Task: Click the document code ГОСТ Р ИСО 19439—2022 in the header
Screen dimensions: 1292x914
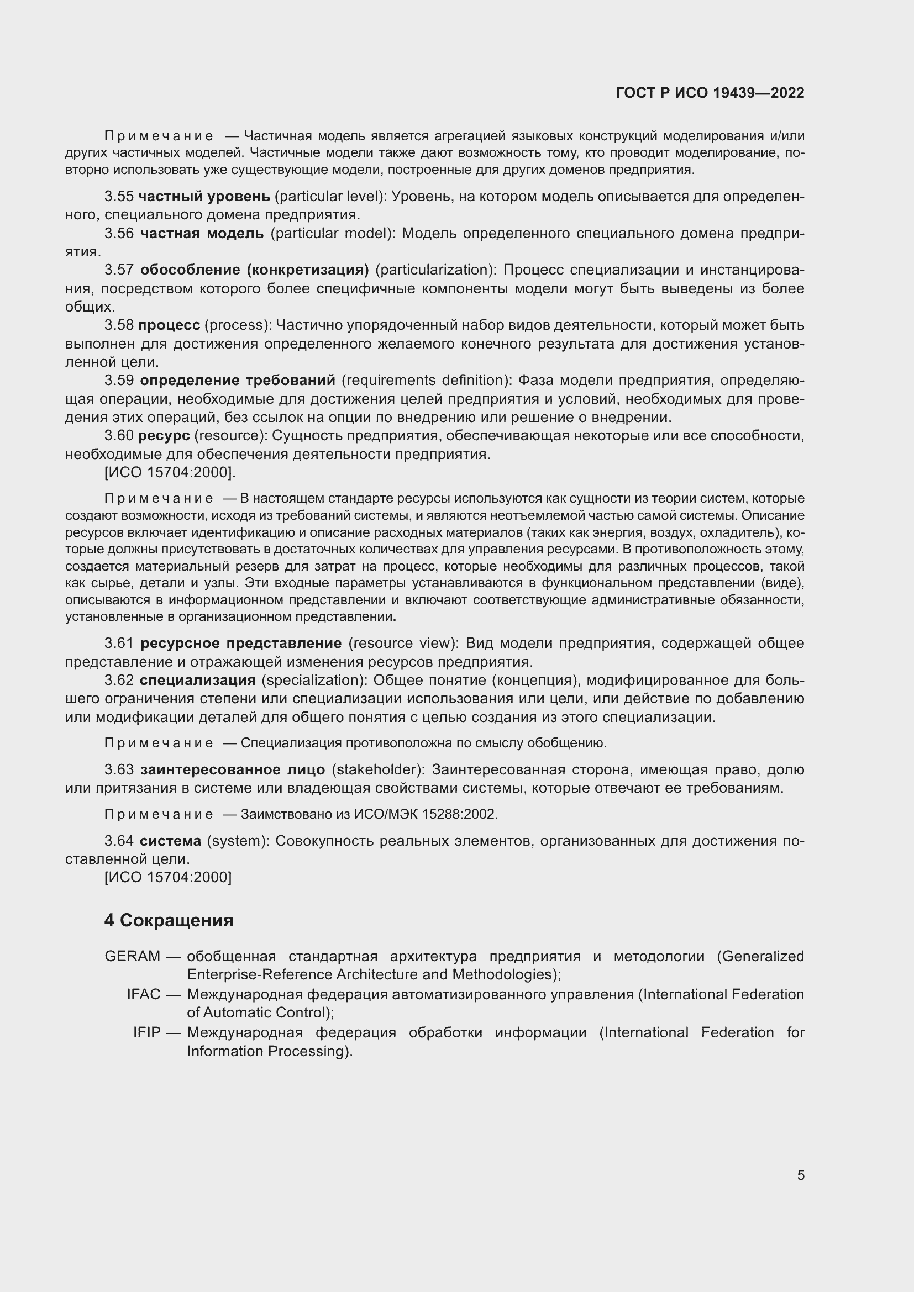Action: point(710,93)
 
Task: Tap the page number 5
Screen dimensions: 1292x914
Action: point(800,1175)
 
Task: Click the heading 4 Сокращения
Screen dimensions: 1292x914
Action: point(169,920)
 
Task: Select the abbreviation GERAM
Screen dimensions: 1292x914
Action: point(132,956)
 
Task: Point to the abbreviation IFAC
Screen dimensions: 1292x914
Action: point(144,994)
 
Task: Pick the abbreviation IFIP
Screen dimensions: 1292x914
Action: point(146,1032)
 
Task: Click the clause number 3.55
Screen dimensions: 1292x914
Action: point(119,197)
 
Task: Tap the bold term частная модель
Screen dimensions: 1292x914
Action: point(202,233)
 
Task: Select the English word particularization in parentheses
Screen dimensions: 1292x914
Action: point(435,270)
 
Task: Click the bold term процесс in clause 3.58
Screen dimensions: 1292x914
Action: point(169,325)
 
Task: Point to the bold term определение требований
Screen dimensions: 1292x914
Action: point(237,381)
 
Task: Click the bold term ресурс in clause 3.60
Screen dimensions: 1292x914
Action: point(164,435)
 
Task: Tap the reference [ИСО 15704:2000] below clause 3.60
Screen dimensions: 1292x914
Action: point(170,473)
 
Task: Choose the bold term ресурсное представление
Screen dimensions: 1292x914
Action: point(240,643)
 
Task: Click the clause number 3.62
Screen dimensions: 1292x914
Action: point(119,681)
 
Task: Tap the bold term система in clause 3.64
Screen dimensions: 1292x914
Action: point(170,841)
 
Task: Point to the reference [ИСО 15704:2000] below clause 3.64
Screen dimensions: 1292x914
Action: point(168,877)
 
